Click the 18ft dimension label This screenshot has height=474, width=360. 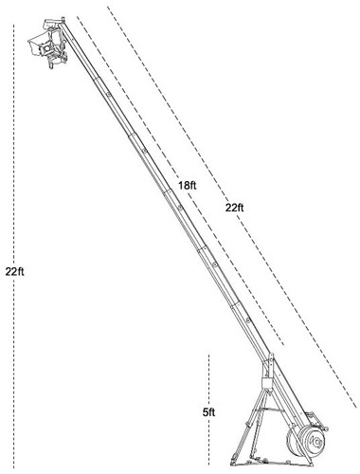(187, 185)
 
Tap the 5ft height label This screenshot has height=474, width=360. (208, 412)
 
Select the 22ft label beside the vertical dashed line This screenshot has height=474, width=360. (14, 271)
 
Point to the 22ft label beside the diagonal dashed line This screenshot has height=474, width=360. (234, 208)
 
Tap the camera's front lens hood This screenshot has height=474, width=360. (34, 46)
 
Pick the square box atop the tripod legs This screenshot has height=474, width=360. (267, 384)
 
